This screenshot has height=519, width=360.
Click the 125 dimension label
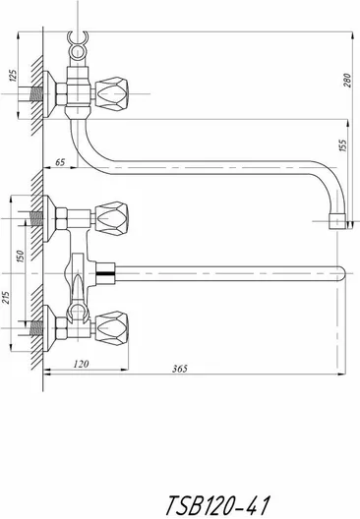[x=13, y=76]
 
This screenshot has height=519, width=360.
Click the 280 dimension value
[x=347, y=80]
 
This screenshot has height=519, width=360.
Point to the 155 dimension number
[x=343, y=145]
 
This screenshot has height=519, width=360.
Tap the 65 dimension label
[x=60, y=162]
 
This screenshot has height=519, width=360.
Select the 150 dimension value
[x=21, y=257]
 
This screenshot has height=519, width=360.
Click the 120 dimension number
[x=81, y=364]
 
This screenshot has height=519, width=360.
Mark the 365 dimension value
[x=180, y=369]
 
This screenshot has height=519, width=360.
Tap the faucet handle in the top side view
[x=111, y=93]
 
